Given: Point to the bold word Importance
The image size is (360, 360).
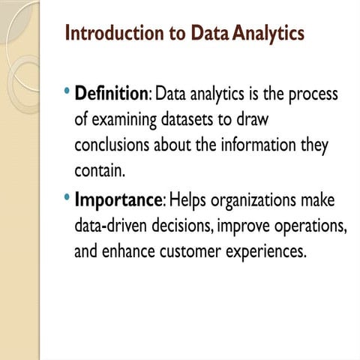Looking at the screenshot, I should pyautogui.click(x=118, y=201).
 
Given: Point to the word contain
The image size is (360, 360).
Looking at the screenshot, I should pyautogui.click(x=99, y=171).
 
